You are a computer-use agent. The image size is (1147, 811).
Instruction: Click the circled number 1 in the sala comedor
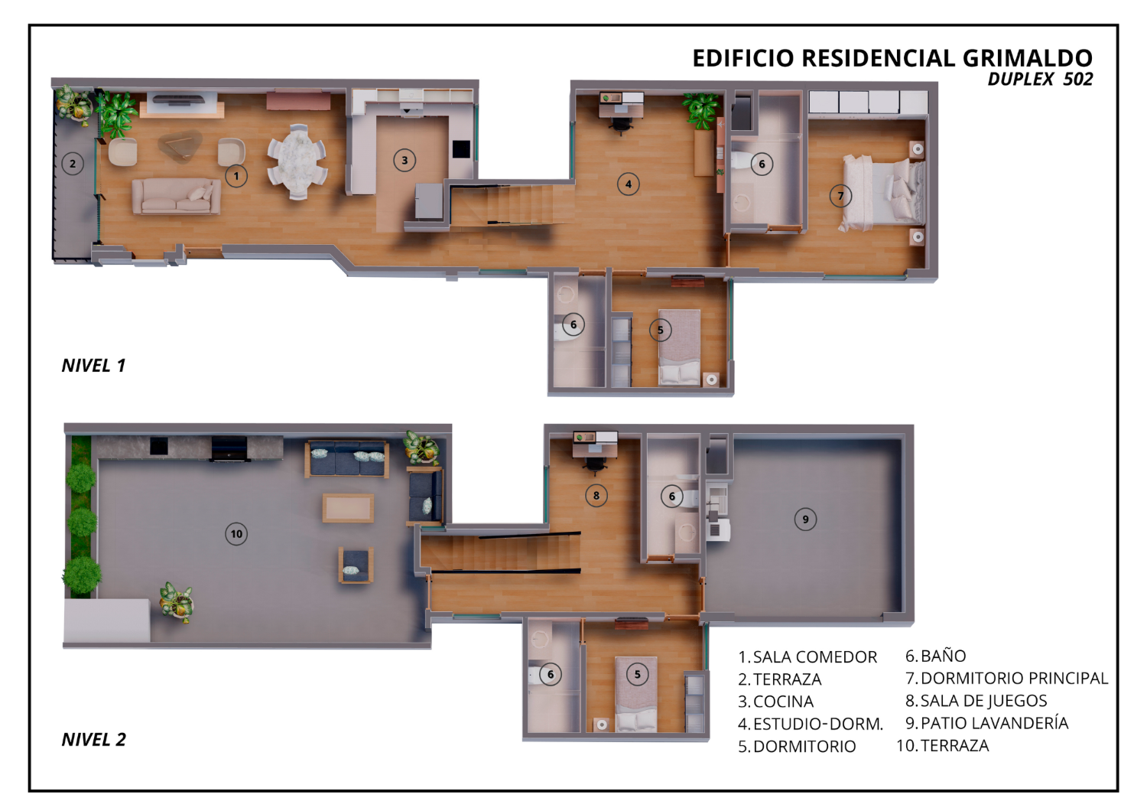pyautogui.click(x=236, y=176)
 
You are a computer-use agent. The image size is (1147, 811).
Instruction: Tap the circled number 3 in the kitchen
pyautogui.click(x=405, y=161)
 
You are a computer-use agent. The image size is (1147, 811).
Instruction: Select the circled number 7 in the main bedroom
pyautogui.click(x=840, y=196)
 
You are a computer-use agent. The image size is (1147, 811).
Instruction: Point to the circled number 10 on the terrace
pyautogui.click(x=236, y=534)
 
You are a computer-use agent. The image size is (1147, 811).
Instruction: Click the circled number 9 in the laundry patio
pyautogui.click(x=805, y=519)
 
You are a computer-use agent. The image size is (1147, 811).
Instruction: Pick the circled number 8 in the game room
pyautogui.click(x=596, y=496)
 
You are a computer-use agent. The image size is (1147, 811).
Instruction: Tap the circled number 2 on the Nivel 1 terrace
pyautogui.click(x=72, y=164)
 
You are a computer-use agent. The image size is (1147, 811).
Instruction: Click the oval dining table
pyautogui.click(x=297, y=161)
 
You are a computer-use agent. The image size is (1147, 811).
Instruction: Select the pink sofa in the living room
pyautogui.click(x=177, y=196)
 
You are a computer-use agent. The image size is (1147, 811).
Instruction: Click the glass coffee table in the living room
pyautogui.click(x=180, y=145)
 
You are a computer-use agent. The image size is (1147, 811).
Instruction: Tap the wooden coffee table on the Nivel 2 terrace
pyautogui.click(x=348, y=508)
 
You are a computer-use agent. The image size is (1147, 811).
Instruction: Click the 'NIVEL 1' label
pyautogui.click(x=94, y=365)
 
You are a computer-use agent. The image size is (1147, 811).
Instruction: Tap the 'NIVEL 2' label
pyautogui.click(x=94, y=739)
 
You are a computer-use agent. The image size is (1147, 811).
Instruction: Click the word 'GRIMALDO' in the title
pyautogui.click(x=1027, y=58)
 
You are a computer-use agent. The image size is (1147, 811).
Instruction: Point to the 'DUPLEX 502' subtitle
pyautogui.click(x=1040, y=80)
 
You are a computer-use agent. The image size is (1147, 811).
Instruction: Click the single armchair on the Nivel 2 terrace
pyautogui.click(x=356, y=565)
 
